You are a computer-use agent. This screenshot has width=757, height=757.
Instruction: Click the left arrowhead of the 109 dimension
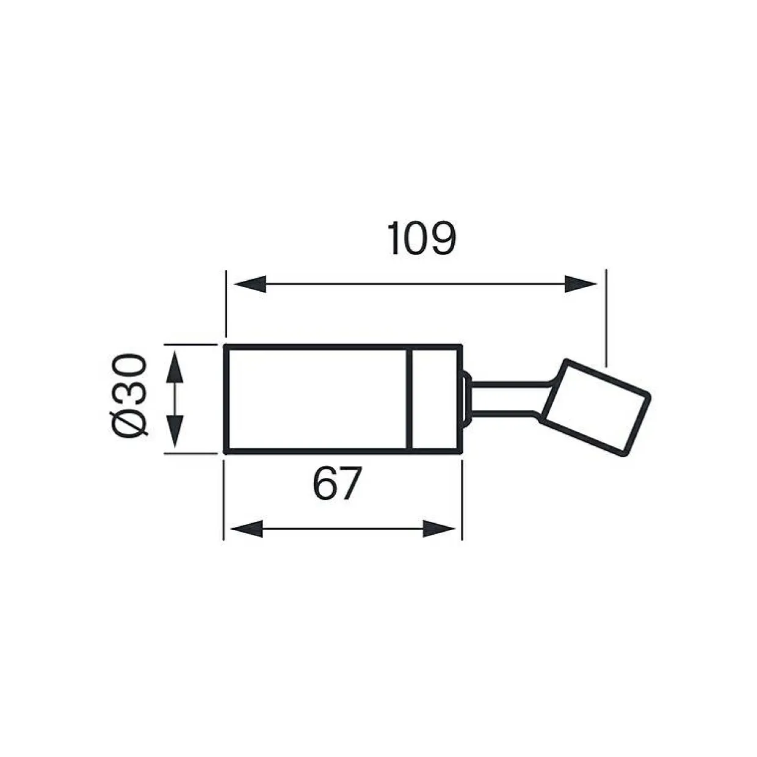(250, 284)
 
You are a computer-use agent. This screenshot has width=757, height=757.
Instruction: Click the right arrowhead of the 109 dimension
(581, 284)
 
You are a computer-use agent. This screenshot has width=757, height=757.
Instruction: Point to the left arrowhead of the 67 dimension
(247, 529)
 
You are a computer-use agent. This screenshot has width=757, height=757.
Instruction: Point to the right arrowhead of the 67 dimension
(439, 529)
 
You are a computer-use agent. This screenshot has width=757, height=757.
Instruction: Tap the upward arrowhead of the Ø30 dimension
(175, 368)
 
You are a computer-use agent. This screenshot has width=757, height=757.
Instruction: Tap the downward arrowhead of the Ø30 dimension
(175, 432)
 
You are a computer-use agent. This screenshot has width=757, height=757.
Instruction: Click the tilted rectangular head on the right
(595, 407)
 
